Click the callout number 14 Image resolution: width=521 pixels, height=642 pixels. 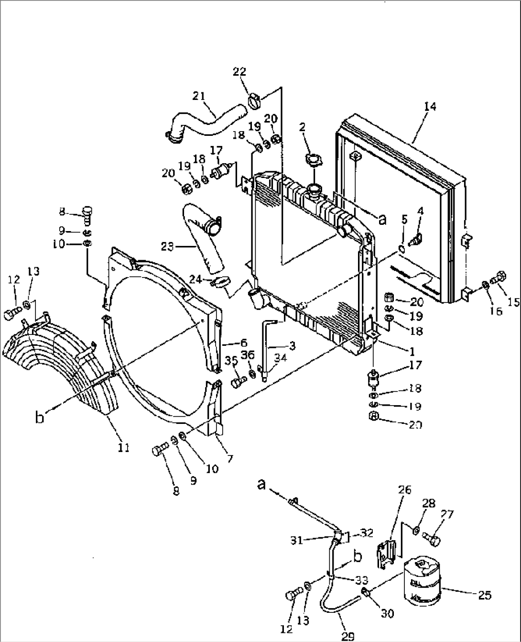click(x=430, y=106)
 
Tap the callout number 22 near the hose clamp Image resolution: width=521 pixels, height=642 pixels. click(x=239, y=72)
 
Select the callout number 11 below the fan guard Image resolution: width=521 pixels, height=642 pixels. click(x=124, y=448)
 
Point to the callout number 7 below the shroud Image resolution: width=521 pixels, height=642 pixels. click(x=230, y=459)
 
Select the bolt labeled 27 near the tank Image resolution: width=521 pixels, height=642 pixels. click(x=433, y=539)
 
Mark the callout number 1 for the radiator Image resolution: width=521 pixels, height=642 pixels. click(x=412, y=351)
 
